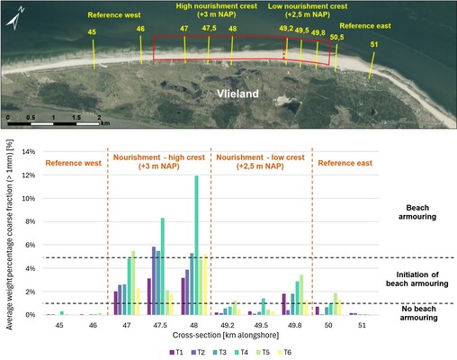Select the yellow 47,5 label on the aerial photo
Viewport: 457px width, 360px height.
click(210, 30)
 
